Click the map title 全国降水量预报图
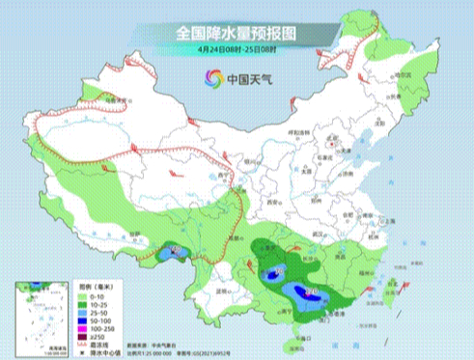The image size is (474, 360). pos(237,32)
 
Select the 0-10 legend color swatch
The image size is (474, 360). pos(83,295)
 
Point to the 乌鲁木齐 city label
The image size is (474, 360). pos(117,99)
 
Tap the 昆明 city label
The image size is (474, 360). pos(225,290)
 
